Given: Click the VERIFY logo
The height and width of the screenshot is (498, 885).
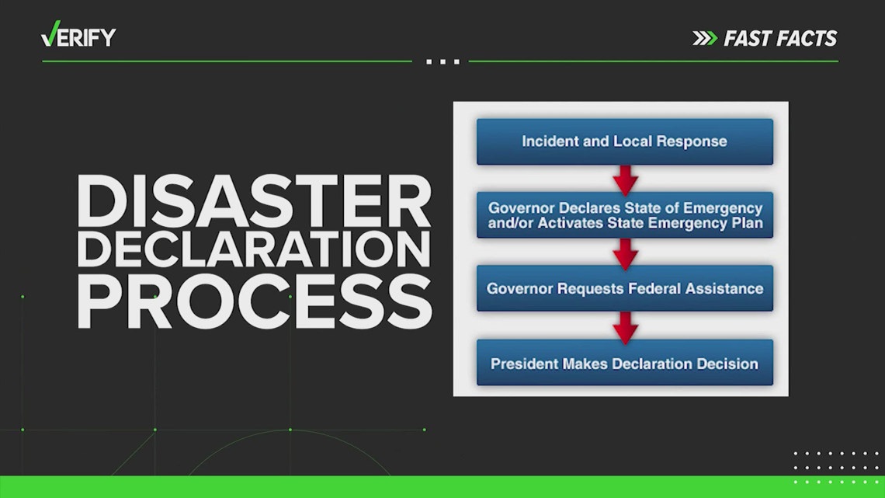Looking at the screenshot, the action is pyautogui.click(x=78, y=34).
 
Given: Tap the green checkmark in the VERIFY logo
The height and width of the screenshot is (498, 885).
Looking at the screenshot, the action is pyautogui.click(x=50, y=34).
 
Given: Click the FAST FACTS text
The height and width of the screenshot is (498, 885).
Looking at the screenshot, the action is pyautogui.click(x=780, y=38).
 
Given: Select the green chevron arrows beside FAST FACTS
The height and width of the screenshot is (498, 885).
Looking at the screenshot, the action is pyautogui.click(x=705, y=38).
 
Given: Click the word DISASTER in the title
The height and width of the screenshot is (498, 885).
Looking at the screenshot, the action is pyautogui.click(x=254, y=200).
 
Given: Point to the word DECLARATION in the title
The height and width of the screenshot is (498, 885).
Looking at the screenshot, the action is pyautogui.click(x=254, y=249).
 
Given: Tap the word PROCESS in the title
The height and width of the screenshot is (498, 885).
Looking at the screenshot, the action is pyautogui.click(x=255, y=301).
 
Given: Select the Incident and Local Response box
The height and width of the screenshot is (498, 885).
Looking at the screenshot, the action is pyautogui.click(x=625, y=141).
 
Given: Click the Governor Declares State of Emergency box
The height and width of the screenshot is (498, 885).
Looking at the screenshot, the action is pyautogui.click(x=625, y=215).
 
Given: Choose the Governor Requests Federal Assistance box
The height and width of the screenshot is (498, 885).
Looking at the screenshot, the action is pyautogui.click(x=625, y=288).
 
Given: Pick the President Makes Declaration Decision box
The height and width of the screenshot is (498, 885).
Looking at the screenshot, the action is pyautogui.click(x=625, y=363).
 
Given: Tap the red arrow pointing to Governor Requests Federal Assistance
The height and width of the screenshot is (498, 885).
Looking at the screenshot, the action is pyautogui.click(x=626, y=254).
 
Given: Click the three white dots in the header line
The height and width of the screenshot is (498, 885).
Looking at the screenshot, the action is pyautogui.click(x=443, y=61).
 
